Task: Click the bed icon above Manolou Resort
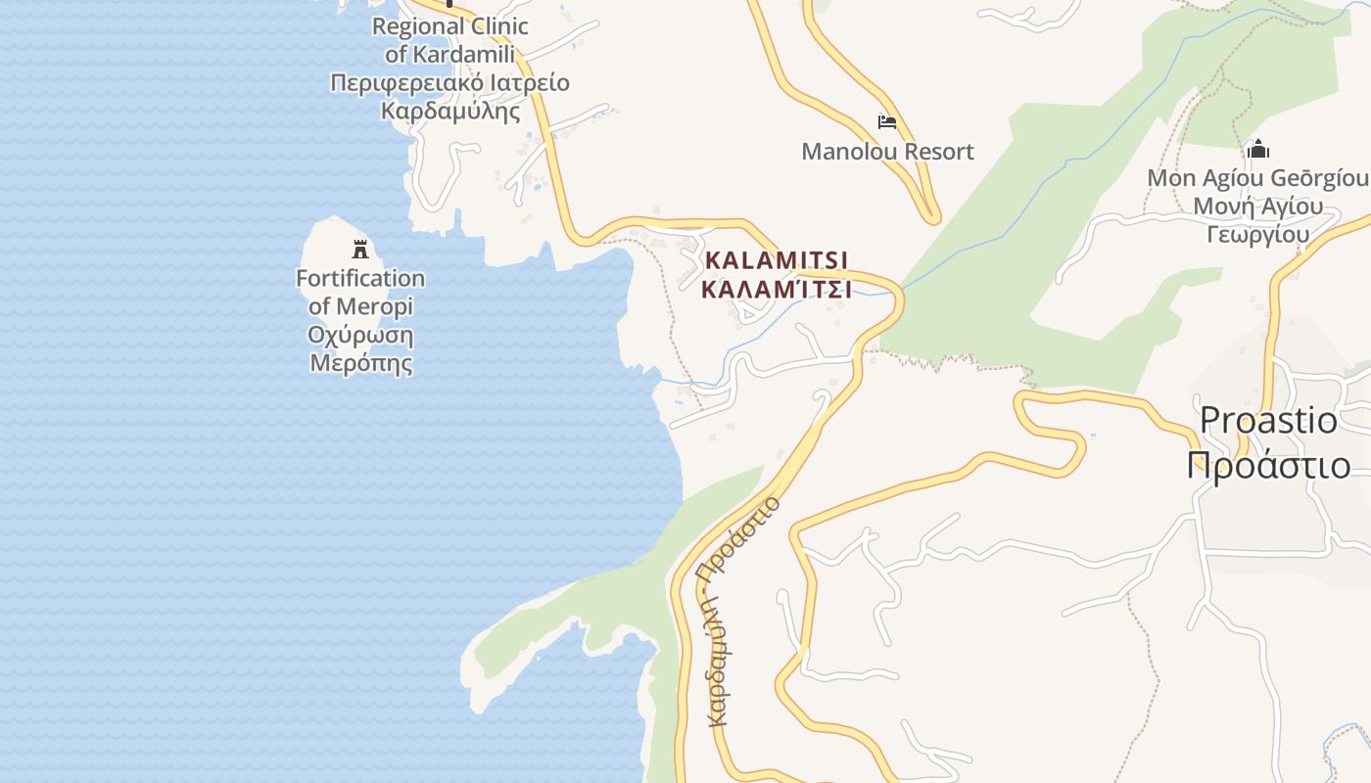[x=887, y=122]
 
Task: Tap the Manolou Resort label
[x=887, y=152]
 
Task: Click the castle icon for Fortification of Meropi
[x=360, y=249]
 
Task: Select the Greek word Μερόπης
[x=360, y=364]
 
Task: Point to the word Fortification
[x=360, y=279]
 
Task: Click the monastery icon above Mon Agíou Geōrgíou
[x=1258, y=150]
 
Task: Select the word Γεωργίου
[x=1258, y=235]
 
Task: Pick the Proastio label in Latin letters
[x=1268, y=421]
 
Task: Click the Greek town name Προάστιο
[x=1268, y=465]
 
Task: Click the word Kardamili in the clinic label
[x=464, y=54]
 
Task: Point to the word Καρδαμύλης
[x=450, y=111]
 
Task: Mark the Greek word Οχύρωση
[x=360, y=336]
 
